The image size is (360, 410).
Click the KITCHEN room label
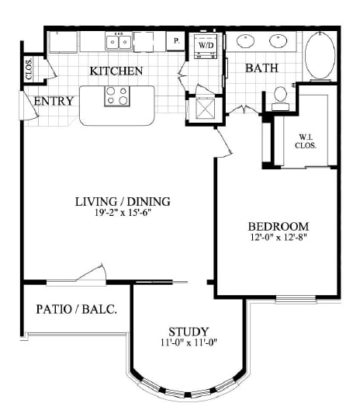[x=116, y=71]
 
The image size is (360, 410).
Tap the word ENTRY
[x=54, y=101]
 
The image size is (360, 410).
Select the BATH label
[x=261, y=68]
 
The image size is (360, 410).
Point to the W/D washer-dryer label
[x=206, y=45]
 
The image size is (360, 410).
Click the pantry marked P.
[x=177, y=41]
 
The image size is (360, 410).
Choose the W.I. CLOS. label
[x=306, y=141]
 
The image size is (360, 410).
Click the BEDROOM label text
[x=279, y=226]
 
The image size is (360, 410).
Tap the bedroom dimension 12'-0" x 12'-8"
[x=279, y=237]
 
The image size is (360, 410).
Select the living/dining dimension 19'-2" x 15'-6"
[x=123, y=213]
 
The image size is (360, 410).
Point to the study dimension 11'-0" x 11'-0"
[x=189, y=342]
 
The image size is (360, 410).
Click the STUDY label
[x=189, y=332]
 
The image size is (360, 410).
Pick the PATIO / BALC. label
[x=77, y=309]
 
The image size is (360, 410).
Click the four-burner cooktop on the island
[x=117, y=96]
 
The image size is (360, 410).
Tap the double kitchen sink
[x=119, y=41]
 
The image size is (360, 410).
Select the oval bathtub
[x=320, y=56]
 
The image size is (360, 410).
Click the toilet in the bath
[x=281, y=99]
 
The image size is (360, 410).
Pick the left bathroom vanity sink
[x=245, y=41]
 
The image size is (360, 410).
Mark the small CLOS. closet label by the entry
[x=29, y=68]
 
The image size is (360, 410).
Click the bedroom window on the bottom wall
[x=296, y=299]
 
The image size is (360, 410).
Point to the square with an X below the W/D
[x=206, y=109]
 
